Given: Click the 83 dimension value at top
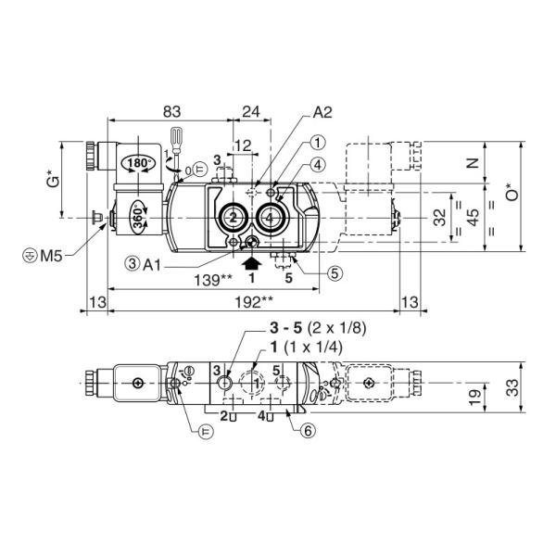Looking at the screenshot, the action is tap(171, 111).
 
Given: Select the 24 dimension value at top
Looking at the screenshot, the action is tap(251, 111).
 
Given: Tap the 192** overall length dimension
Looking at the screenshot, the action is tap(254, 302).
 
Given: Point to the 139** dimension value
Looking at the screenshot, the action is tap(213, 280).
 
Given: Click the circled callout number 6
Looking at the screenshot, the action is tap(308, 431).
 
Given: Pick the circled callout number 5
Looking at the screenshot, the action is tap(335, 273).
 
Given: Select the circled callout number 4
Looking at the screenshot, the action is tap(317, 165).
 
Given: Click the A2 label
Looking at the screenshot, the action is tap(322, 112).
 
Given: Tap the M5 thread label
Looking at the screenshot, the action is tap(51, 256).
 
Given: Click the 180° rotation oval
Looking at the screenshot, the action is tap(138, 163).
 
